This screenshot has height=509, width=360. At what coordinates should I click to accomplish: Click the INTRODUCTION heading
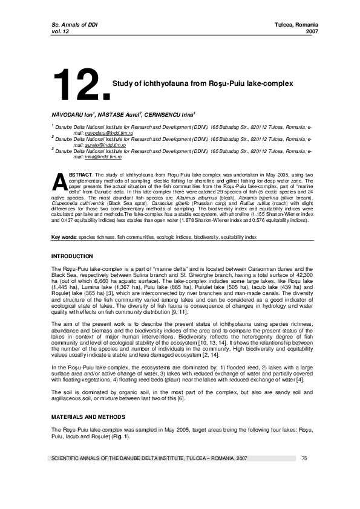coord(72,257)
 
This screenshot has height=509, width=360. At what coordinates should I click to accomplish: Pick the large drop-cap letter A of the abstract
coord(59,183)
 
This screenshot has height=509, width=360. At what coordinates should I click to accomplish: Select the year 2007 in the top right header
coord(312,31)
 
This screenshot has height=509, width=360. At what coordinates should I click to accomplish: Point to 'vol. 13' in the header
coord(62,31)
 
